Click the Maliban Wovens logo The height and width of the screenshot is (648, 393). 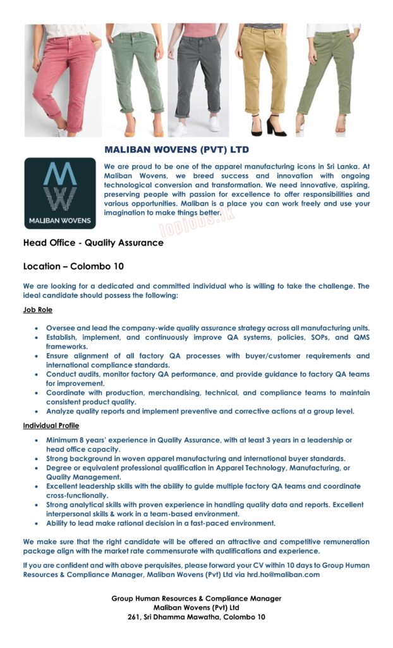[61, 192]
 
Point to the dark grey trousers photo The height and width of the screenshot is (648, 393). [198, 76]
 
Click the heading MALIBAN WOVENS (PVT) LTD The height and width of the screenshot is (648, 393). [176, 150]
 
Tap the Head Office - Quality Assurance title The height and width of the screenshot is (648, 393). [94, 242]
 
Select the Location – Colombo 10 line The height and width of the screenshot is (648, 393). [73, 266]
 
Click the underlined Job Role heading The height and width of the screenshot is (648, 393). [38, 310]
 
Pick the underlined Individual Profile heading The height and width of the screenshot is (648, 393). [51, 425]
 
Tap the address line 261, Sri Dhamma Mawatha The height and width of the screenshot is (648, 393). [196, 616]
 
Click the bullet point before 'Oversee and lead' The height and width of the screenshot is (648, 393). [38, 328]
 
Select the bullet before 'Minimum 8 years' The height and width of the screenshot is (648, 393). [38, 440]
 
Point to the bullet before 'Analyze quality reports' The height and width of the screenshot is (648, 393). [38, 411]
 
